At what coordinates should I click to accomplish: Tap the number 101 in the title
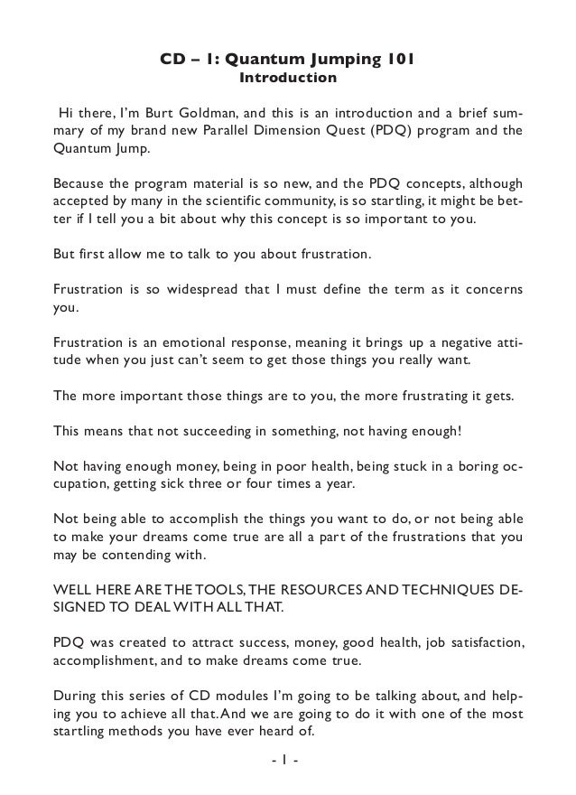[x=398, y=61]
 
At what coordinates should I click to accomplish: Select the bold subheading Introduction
[x=287, y=79]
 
